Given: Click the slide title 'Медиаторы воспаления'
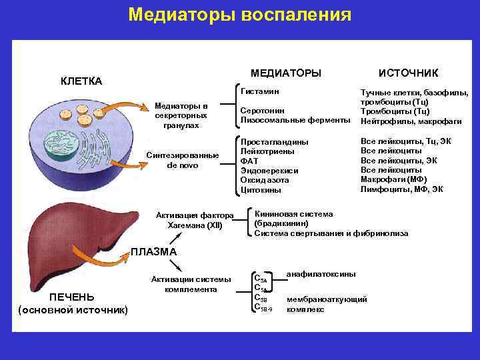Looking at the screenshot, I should tap(240, 15).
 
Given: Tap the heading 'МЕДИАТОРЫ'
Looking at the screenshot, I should tap(285, 72).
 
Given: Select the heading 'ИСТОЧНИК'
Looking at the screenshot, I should tap(404, 72).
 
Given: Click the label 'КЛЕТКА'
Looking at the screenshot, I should tap(81, 81).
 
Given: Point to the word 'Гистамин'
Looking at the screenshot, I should tap(260, 91).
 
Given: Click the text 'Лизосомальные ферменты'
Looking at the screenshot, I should tap(295, 121).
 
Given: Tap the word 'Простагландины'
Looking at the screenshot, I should tap(274, 142).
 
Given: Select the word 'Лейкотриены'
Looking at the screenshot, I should tap(267, 151).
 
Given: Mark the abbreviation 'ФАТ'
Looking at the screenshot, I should tap(249, 161).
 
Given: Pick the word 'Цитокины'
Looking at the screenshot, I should tap(261, 190).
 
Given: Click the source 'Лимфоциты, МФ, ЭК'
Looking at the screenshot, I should tap(401, 189).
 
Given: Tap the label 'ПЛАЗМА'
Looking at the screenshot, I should tap(153, 252).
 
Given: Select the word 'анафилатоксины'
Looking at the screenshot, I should tap(321, 274).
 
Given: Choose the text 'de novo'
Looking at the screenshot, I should tap(182, 165).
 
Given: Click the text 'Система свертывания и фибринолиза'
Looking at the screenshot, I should tap(331, 233).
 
